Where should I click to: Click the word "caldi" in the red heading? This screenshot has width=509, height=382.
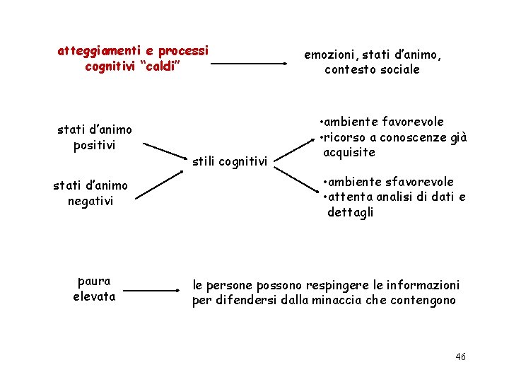pos(161,66)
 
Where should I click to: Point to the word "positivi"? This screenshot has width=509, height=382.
pos(94,146)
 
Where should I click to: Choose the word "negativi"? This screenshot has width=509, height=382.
pos(90,202)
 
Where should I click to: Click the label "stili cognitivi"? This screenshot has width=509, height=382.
pos(230,162)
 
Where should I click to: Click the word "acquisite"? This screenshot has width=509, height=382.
pos(349,153)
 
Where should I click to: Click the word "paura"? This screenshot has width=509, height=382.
pos(94,281)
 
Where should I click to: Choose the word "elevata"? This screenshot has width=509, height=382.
pos(94,296)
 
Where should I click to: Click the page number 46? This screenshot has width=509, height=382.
pos(460,357)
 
